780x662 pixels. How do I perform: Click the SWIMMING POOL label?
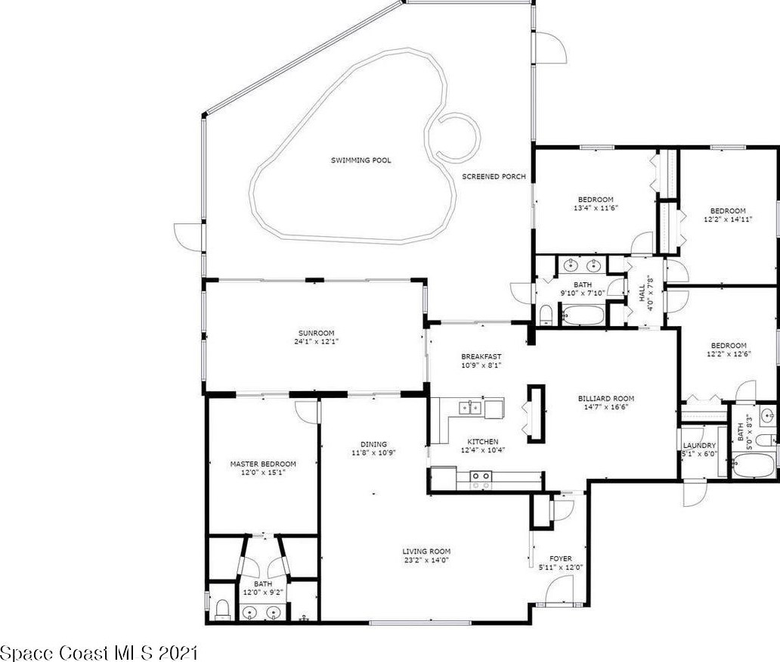pyautogui.click(x=361, y=160)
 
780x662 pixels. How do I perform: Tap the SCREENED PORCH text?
pyautogui.click(x=494, y=177)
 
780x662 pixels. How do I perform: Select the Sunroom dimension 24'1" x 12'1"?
pyautogui.click(x=317, y=342)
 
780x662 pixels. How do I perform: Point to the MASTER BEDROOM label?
pyautogui.click(x=263, y=465)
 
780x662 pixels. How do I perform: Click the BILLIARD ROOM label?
pyautogui.click(x=606, y=399)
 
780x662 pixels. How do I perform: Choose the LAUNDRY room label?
pyautogui.click(x=699, y=446)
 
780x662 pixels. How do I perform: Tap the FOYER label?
pyautogui.click(x=561, y=559)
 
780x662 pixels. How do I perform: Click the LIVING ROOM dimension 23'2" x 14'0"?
pyautogui.click(x=427, y=560)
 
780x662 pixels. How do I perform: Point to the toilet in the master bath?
pyautogui.click(x=222, y=608)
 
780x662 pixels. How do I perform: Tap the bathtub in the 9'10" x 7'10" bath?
pyautogui.click(x=583, y=314)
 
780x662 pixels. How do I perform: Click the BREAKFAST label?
pyautogui.click(x=481, y=356)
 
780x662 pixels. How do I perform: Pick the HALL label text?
pyautogui.click(x=642, y=293)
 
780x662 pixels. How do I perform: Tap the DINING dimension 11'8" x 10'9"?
pyautogui.click(x=374, y=453)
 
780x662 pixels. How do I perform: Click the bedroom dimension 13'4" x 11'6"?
pyautogui.click(x=596, y=208)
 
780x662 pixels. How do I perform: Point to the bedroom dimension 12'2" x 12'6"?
pyautogui.click(x=729, y=354)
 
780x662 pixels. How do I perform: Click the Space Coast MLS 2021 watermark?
pyautogui.click(x=99, y=653)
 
